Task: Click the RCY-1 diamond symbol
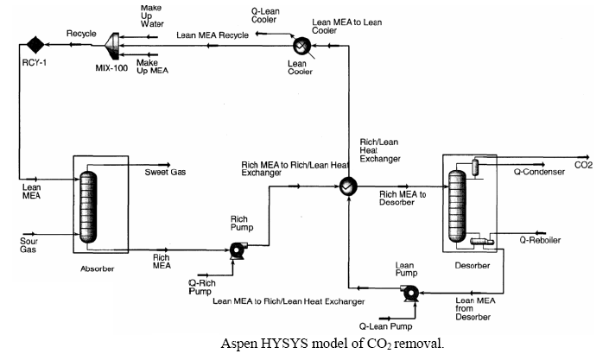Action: [x=35, y=43]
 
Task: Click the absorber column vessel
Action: [x=86, y=207]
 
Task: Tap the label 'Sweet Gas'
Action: [x=165, y=172]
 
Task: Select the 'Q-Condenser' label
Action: [x=539, y=172]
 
